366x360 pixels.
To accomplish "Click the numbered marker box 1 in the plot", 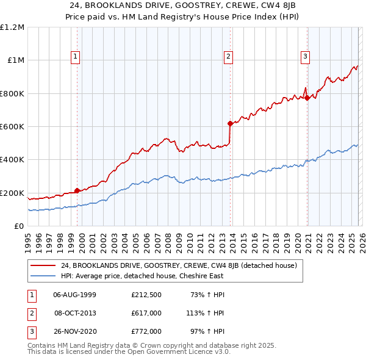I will coord(76,57).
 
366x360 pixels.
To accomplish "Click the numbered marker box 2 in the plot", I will coord(228,57).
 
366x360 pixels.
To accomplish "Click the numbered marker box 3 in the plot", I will coord(305,57).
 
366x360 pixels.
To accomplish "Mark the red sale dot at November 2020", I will coord(307,98).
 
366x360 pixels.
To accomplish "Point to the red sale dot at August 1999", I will coord(77,190).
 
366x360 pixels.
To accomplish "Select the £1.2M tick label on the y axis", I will coord(12,27).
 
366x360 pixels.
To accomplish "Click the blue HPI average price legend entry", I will coord(142,276).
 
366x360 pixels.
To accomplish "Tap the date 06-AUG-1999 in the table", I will coord(75,295).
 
